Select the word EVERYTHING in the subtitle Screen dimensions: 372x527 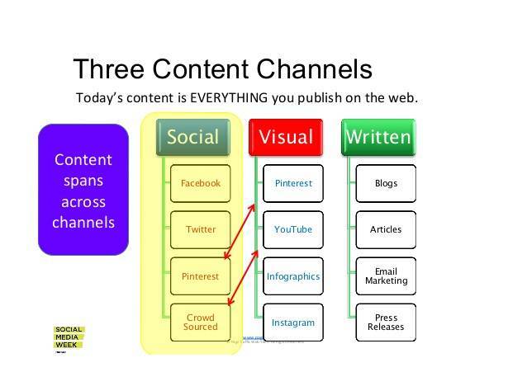(x=230, y=97)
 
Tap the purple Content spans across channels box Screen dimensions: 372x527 (x=83, y=190)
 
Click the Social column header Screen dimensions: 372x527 (x=192, y=137)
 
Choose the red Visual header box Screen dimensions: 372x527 (x=286, y=137)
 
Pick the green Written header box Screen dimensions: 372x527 (x=378, y=137)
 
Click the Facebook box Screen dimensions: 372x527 (x=201, y=183)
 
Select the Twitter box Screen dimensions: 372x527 (x=201, y=229)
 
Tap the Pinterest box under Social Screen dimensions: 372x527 (x=201, y=276)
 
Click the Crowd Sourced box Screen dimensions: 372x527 (x=201, y=323)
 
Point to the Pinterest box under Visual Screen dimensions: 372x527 (x=293, y=183)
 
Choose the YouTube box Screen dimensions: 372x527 (x=293, y=229)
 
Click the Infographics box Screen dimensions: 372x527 (x=293, y=276)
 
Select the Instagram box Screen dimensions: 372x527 (x=293, y=323)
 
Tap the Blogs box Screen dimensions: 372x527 (x=386, y=183)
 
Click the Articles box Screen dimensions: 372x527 (x=386, y=229)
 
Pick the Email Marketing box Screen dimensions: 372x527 (x=386, y=276)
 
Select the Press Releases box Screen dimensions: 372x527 (x=386, y=323)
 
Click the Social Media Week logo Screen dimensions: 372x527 (x=69, y=339)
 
